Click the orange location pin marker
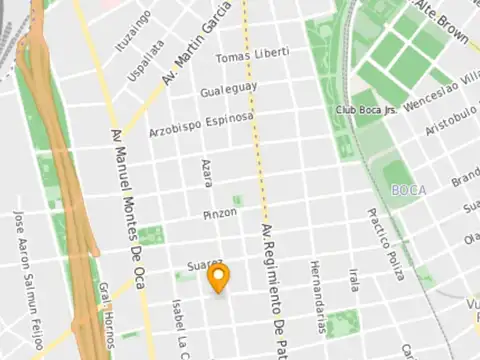click(221, 278)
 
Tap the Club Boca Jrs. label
click(367, 110)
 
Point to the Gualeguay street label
click(229, 88)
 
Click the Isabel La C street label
click(179, 325)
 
